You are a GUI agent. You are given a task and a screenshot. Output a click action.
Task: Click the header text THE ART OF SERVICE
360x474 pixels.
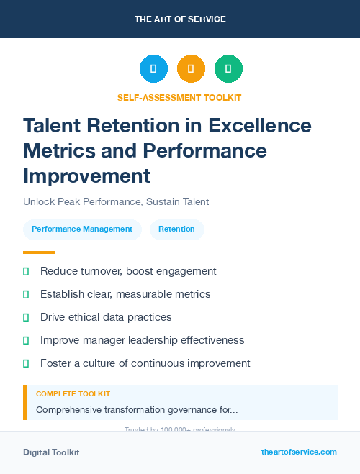pyautogui.click(x=180, y=19)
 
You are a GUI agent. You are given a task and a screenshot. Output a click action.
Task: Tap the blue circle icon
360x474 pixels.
pyautogui.click(x=153, y=69)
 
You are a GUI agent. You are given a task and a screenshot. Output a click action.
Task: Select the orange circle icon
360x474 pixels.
pyautogui.click(x=191, y=69)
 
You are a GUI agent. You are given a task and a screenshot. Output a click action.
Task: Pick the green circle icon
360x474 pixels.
pyautogui.click(x=228, y=69)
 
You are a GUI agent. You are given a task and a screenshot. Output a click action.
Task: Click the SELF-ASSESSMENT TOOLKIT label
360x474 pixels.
pyautogui.click(x=179, y=97)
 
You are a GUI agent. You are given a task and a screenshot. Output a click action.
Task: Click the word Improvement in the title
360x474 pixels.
pyautogui.click(x=87, y=176)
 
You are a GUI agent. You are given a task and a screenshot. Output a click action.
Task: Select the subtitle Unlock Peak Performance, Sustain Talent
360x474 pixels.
pyautogui.click(x=116, y=201)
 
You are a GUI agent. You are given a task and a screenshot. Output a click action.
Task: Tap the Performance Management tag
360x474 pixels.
pyautogui.click(x=82, y=229)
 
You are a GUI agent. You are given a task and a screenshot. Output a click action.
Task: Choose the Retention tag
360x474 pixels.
pyautogui.click(x=176, y=229)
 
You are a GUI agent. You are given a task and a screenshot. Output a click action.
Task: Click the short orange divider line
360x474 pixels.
pyautogui.click(x=39, y=252)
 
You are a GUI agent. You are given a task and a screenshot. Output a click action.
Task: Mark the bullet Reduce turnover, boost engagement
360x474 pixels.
pyautogui.click(x=128, y=271)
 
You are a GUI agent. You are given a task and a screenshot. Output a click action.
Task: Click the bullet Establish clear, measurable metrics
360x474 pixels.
pyautogui.click(x=125, y=294)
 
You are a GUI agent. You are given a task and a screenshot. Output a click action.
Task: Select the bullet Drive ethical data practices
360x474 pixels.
pyautogui.click(x=106, y=317)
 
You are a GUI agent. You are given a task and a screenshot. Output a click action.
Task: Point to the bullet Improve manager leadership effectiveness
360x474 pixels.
pyautogui.click(x=143, y=340)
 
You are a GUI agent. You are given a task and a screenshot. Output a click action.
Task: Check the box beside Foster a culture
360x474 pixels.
pyautogui.click(x=26, y=363)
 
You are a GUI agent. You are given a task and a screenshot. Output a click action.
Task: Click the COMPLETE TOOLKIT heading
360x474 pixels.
pyautogui.click(x=73, y=394)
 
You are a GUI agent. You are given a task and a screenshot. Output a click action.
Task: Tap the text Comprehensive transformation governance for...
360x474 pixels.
pyautogui.click(x=137, y=409)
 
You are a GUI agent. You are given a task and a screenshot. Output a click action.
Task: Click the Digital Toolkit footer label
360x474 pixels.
pyautogui.click(x=51, y=452)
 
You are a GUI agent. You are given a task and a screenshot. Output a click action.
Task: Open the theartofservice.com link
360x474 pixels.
pyautogui.click(x=299, y=452)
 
